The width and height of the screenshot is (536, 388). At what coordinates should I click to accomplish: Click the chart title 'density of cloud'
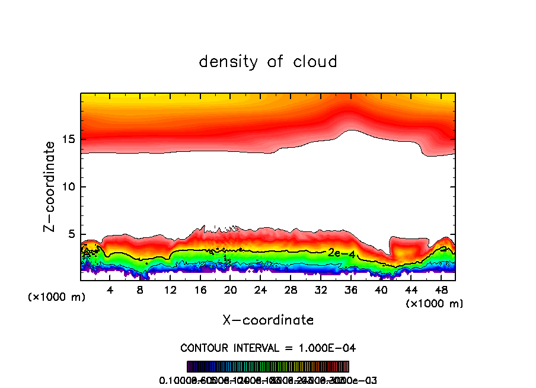tap(268, 62)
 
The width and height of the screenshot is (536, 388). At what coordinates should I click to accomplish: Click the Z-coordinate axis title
tap(52, 186)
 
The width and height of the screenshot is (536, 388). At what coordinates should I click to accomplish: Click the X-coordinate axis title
tap(268, 320)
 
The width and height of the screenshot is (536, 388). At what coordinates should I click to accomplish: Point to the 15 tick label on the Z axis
tap(70, 139)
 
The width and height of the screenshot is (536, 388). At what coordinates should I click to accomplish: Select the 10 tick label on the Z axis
tap(70, 187)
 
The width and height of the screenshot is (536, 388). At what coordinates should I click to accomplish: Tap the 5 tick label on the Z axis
tap(74, 234)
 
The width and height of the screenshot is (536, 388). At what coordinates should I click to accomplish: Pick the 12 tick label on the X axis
tap(170, 290)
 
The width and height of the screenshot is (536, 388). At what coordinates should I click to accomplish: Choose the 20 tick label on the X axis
tap(230, 290)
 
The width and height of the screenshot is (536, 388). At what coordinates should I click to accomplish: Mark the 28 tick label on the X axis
tap(291, 290)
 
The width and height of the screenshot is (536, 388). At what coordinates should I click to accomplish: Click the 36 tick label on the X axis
tap(350, 290)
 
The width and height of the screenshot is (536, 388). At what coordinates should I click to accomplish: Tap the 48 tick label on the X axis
tap(441, 290)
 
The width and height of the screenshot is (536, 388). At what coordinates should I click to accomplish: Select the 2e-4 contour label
tap(342, 253)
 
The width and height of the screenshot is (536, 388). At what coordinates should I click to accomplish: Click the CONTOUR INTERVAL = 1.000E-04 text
tap(268, 348)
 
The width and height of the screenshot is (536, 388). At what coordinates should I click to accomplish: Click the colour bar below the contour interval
tap(268, 366)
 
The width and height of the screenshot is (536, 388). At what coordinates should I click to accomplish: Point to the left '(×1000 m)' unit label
tap(57, 297)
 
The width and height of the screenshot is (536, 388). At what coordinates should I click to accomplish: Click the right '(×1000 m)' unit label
tap(435, 304)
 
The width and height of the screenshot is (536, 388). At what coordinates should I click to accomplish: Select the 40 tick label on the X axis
tap(381, 290)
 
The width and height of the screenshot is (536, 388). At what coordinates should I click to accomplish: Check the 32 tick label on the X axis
tap(321, 290)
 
